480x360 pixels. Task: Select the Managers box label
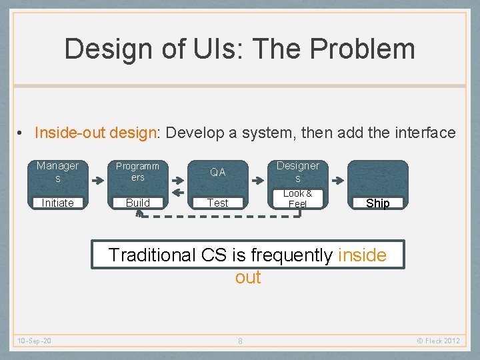coord(57,172)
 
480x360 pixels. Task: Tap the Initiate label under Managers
coord(57,203)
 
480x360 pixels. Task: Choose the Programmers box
coord(138,172)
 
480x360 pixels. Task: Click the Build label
coord(138,203)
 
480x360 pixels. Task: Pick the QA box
coord(218,172)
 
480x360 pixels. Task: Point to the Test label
coord(218,203)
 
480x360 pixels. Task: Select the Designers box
coord(298,172)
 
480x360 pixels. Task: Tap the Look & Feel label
coord(298,199)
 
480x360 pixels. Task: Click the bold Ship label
coord(378,203)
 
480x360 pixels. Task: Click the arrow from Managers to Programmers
coord(98,179)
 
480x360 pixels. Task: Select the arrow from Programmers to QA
coord(178,179)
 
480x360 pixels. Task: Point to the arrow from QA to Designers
coord(258,179)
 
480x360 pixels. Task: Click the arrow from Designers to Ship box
coord(338,179)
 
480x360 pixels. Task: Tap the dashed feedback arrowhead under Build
coord(139,213)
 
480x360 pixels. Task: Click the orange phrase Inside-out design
coord(95,133)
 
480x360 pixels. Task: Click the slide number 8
coord(240,341)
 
